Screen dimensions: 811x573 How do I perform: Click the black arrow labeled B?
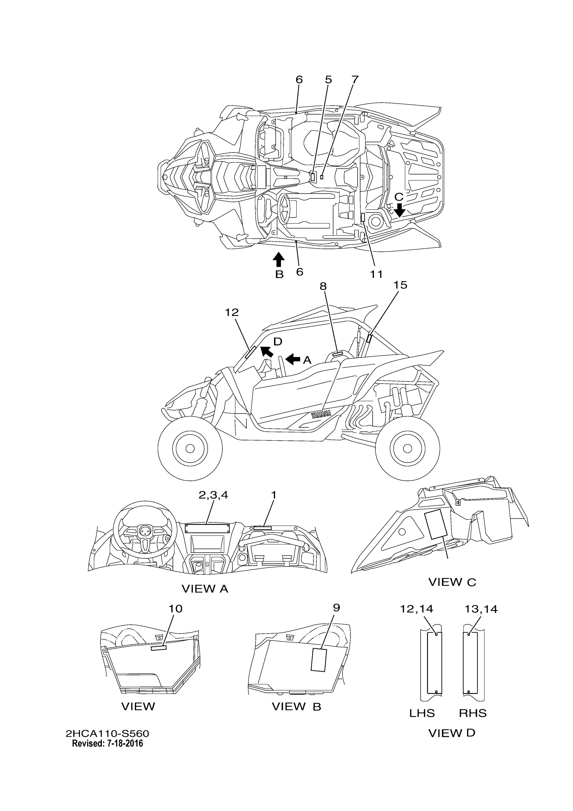[x=279, y=259]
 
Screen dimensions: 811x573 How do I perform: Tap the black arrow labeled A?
[x=293, y=359]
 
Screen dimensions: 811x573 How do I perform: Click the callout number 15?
[x=400, y=285]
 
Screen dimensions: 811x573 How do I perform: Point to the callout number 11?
[x=376, y=274]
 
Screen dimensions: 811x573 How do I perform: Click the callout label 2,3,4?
[x=213, y=495]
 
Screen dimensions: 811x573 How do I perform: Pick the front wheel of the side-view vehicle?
[x=190, y=448]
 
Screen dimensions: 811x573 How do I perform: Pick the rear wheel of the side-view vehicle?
[x=408, y=448]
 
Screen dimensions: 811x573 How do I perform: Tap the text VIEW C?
[x=452, y=582]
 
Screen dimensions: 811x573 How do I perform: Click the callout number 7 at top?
[x=355, y=80]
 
